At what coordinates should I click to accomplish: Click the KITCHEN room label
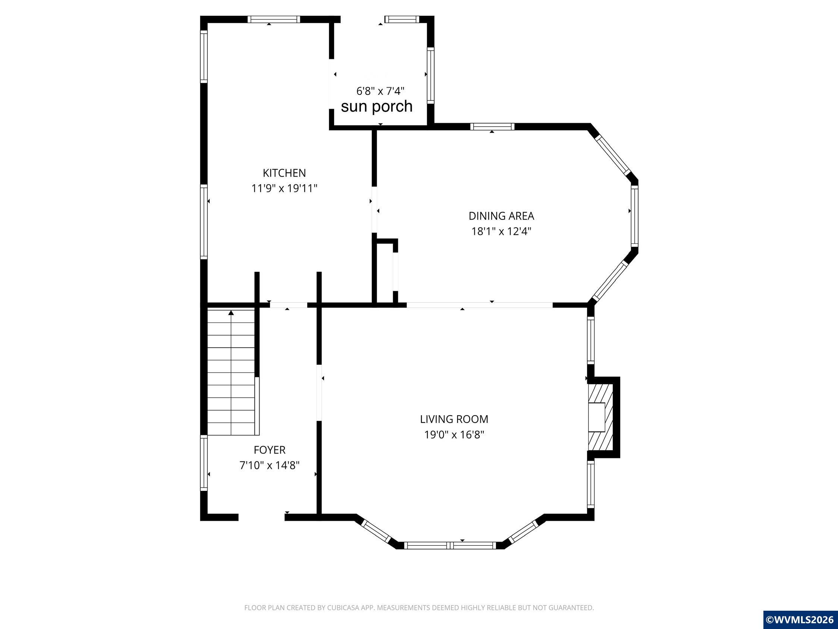click(284, 173)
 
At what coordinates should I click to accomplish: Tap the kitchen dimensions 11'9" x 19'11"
click(284, 188)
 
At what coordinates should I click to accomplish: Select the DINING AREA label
click(501, 216)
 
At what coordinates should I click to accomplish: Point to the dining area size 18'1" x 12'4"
click(501, 231)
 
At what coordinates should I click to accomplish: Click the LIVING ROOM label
click(454, 419)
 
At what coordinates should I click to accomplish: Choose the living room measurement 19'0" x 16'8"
click(454, 435)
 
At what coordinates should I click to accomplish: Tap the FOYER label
click(269, 450)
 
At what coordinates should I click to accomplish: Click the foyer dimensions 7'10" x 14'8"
click(269, 465)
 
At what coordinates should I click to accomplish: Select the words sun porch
click(377, 106)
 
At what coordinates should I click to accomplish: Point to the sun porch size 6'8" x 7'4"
click(380, 91)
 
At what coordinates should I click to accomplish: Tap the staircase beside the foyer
click(231, 371)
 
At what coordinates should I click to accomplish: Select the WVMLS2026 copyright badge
click(800, 620)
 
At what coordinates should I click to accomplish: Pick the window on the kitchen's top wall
click(274, 19)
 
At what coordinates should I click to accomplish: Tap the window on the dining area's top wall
click(492, 127)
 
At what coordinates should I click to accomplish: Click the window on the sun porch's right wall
click(431, 75)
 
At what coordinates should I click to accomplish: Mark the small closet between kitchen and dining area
click(385, 271)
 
